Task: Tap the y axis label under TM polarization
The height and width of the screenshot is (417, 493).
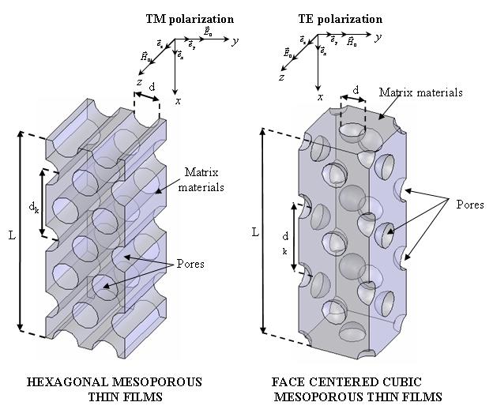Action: click(x=235, y=39)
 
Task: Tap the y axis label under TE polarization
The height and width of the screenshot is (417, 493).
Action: click(x=378, y=37)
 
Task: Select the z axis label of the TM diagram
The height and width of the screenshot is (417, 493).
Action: click(x=139, y=81)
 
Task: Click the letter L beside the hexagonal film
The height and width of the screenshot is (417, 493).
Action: click(x=12, y=235)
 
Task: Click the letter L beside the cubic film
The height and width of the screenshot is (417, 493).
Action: click(x=254, y=232)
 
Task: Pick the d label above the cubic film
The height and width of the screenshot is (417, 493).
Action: click(x=356, y=92)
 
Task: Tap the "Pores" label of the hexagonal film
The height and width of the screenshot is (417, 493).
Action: click(x=190, y=264)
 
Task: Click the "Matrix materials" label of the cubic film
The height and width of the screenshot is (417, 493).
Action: click(x=420, y=92)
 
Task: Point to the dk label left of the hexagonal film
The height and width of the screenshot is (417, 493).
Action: click(x=34, y=208)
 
